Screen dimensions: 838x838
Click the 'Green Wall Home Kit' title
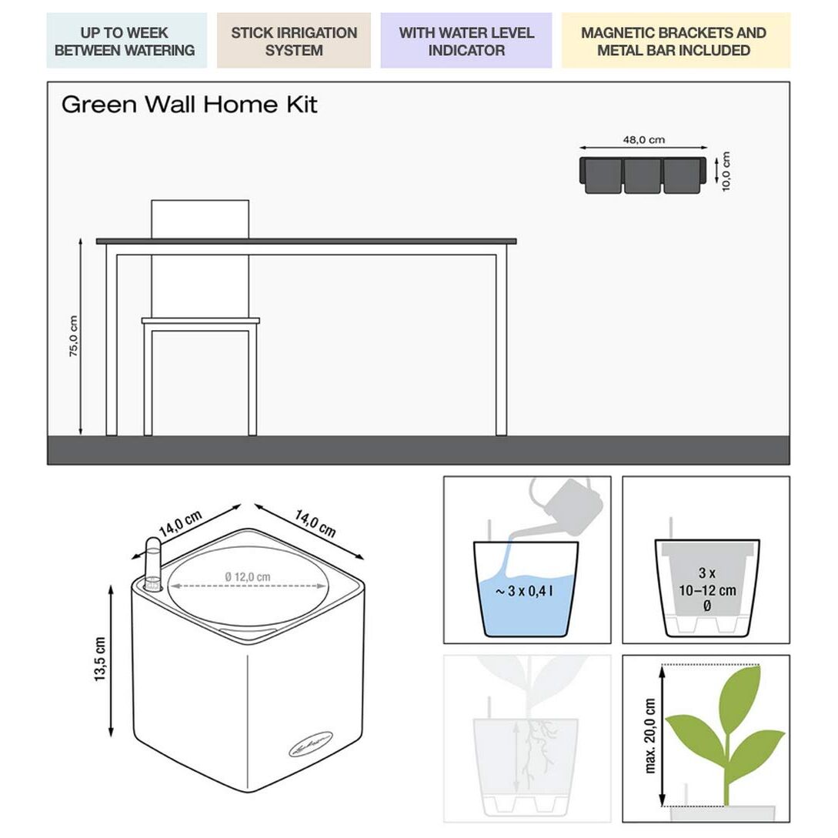(x=189, y=105)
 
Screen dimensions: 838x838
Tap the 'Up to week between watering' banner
(x=125, y=42)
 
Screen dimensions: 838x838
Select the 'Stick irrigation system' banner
(x=294, y=42)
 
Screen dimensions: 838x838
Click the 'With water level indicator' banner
(x=466, y=42)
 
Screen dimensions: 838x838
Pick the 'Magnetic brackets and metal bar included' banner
(x=673, y=42)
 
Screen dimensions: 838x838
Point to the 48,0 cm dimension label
(x=643, y=140)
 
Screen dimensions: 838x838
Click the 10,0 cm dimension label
(x=726, y=171)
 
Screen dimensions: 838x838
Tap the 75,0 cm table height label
(x=74, y=336)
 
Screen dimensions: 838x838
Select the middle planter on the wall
(x=643, y=175)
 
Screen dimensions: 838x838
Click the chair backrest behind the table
(x=200, y=219)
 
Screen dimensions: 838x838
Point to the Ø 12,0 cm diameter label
(x=248, y=576)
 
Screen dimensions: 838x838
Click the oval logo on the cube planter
(x=312, y=744)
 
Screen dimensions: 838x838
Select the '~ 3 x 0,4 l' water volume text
(x=525, y=592)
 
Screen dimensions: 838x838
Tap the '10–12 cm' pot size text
(x=706, y=591)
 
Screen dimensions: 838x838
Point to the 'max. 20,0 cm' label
(x=651, y=736)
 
